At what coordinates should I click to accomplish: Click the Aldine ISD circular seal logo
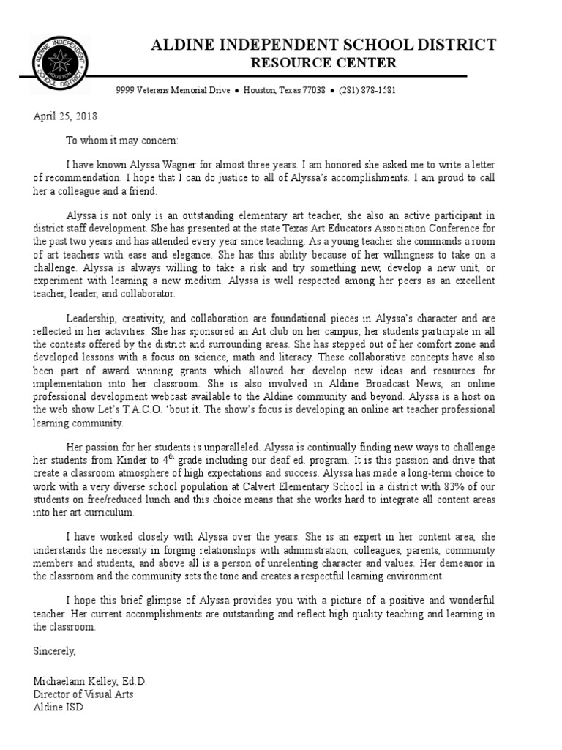[61, 64]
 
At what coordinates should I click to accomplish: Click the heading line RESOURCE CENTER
[323, 63]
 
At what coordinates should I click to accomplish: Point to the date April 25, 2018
[65, 116]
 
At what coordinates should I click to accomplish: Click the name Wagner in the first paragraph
[177, 165]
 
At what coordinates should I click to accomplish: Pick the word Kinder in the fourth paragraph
[143, 461]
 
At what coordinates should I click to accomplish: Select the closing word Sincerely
[54, 650]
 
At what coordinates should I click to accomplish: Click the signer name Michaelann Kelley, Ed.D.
[90, 682]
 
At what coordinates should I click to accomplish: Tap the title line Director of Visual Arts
[83, 694]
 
